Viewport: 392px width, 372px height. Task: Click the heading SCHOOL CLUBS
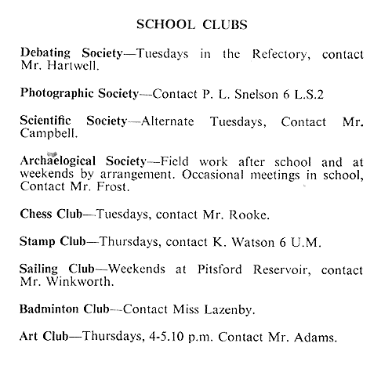192,25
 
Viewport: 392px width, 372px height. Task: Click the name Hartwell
73,66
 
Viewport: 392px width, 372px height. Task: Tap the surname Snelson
256,94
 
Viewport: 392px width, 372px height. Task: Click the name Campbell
49,134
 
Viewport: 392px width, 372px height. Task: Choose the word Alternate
168,121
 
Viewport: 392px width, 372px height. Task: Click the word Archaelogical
58,161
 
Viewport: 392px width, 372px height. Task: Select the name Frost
113,187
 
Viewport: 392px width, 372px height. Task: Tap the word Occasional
213,175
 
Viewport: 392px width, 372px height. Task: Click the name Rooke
249,215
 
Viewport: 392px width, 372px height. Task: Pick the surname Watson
253,242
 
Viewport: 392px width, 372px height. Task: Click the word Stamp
38,242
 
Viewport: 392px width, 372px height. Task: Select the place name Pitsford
220,269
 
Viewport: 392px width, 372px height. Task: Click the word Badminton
49,309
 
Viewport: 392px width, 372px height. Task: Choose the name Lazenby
230,310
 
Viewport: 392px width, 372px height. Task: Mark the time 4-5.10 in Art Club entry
166,336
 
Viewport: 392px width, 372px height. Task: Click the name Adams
315,338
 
